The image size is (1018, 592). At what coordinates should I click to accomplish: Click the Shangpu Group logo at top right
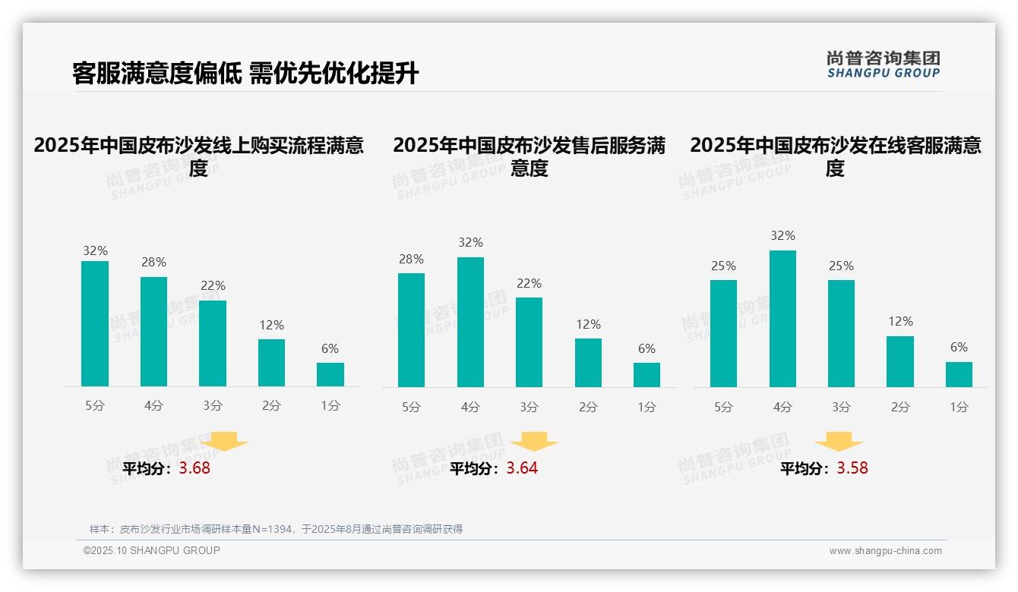coord(883,65)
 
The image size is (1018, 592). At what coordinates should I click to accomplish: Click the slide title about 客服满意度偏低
coord(245,73)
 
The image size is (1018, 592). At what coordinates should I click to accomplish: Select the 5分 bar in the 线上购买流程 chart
coord(95,324)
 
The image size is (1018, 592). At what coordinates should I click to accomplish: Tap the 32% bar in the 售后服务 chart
coord(470,322)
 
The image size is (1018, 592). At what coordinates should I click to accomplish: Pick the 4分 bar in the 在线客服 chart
coord(782,319)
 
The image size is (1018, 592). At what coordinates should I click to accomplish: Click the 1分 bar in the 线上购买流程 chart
coord(330,375)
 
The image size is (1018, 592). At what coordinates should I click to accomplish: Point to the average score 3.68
coord(194,468)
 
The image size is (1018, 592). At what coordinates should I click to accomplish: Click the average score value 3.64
coord(522,468)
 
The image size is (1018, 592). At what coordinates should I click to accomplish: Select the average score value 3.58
coord(852,468)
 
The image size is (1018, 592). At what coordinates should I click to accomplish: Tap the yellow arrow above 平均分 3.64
coord(534,442)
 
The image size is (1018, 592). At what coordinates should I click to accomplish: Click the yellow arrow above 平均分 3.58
coord(839,442)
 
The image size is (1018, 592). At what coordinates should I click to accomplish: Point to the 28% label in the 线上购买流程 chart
coord(153,262)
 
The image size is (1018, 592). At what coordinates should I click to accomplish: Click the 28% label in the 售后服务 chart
coord(411,259)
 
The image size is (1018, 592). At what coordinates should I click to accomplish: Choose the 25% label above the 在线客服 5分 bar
coord(723,266)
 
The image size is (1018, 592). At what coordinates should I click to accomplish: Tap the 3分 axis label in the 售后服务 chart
coord(529,407)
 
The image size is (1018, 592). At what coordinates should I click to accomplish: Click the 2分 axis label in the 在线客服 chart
coord(899,407)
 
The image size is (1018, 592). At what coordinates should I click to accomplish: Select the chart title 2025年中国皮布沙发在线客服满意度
coord(835,156)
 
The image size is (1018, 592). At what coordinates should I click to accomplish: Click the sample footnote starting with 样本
coord(276,529)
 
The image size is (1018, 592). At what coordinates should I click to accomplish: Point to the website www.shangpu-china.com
coord(885,551)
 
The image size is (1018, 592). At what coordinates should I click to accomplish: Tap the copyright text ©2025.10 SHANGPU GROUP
coord(151,550)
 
